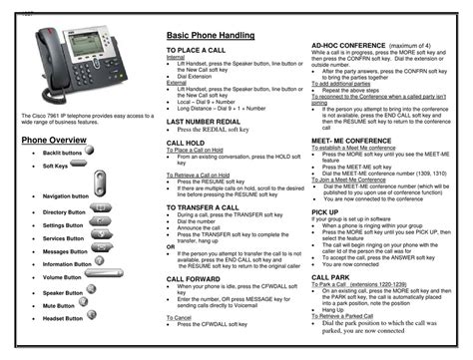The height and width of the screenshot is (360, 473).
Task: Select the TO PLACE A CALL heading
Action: (200, 49)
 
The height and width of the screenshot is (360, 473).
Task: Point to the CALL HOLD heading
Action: (187, 143)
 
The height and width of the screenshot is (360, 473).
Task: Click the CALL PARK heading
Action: (330, 276)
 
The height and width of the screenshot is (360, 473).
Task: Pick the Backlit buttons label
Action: (62, 154)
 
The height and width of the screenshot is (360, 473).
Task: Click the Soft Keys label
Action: (56, 167)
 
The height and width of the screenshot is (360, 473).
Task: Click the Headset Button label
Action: (63, 318)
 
